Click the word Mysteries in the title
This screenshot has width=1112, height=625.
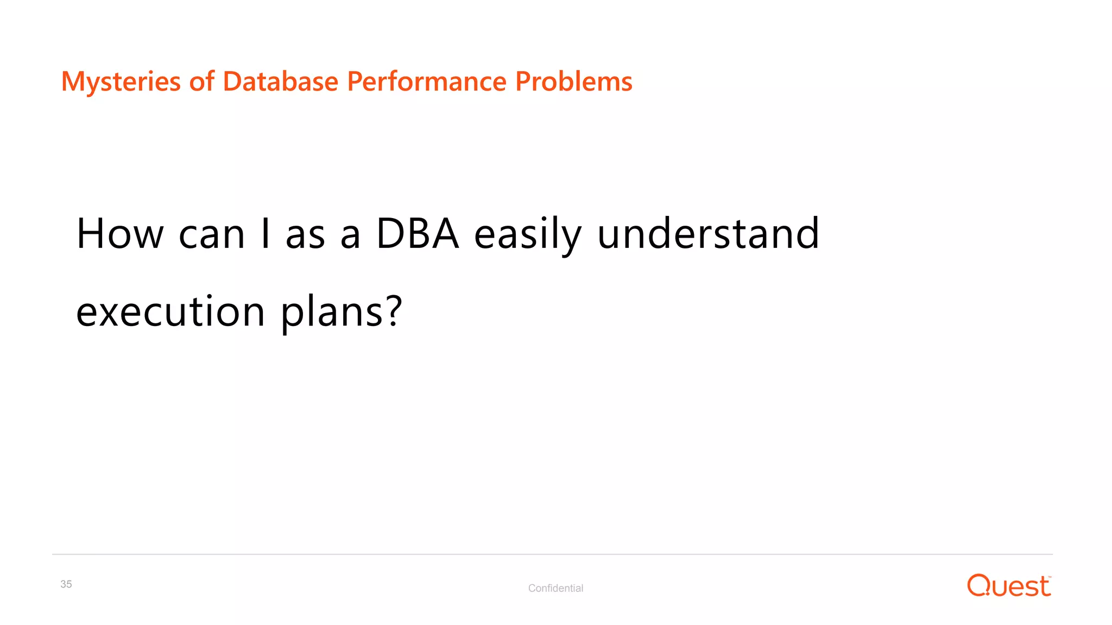(x=121, y=82)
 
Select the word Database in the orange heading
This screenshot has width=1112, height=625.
(x=280, y=82)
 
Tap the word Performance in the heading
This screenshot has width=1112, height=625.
(x=426, y=82)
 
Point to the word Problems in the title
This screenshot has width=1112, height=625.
(x=573, y=82)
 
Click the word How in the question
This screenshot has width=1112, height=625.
(x=120, y=234)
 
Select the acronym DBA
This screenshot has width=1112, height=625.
(x=417, y=234)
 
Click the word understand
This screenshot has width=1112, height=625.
(x=708, y=234)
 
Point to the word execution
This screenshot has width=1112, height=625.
(x=170, y=312)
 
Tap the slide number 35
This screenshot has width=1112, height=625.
(x=66, y=584)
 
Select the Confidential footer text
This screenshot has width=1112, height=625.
(x=555, y=588)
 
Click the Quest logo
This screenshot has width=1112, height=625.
(x=1009, y=586)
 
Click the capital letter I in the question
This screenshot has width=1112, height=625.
(x=265, y=234)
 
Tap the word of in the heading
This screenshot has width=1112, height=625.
(x=201, y=82)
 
